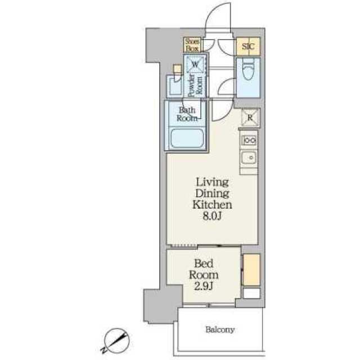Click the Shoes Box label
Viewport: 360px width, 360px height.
192,45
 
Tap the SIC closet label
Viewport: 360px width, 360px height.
248,46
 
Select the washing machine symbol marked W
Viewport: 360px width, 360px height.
195,64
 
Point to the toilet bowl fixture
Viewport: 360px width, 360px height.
248,69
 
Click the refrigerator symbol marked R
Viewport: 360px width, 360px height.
250,118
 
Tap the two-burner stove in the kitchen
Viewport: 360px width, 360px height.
249,140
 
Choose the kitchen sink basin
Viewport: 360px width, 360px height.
249,157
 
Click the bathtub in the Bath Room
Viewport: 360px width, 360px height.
187,138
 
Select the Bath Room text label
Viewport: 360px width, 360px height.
187,114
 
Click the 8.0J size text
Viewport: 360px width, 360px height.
211,216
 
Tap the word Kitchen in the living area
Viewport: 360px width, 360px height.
212,205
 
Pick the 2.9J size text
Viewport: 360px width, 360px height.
204,286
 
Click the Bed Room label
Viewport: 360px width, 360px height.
204,269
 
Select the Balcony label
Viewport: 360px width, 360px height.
220,330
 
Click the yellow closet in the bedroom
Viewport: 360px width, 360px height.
251,270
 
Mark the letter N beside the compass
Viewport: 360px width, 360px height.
103,350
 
